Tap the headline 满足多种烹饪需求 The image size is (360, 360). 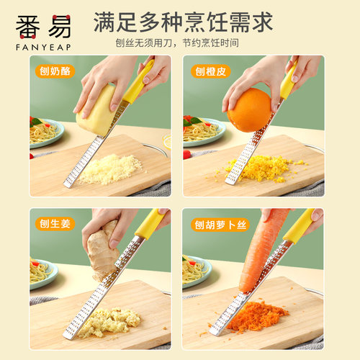(x=183, y=21)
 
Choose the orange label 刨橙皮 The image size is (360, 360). (x=208, y=71)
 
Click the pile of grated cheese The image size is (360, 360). (x=109, y=169)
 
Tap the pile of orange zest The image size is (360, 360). (x=263, y=168)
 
